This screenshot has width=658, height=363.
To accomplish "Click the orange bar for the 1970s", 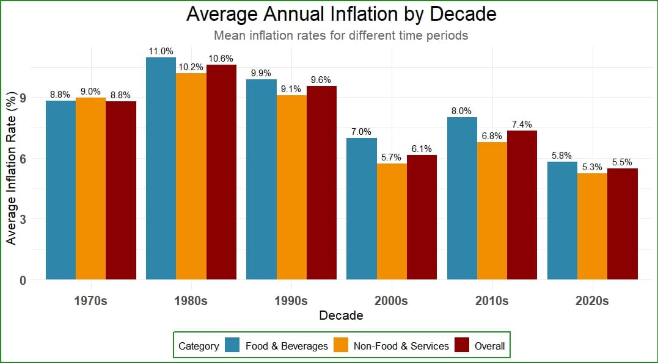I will [x=90, y=189].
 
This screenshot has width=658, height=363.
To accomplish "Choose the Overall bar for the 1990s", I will [x=321, y=183].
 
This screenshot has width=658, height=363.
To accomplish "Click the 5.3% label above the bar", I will [x=592, y=167].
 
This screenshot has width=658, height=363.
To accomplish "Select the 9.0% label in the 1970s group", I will [x=90, y=92].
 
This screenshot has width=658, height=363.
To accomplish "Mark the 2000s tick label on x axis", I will [x=392, y=301].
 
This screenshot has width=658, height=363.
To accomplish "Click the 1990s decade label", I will [x=291, y=301].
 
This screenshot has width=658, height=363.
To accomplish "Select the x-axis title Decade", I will [x=341, y=315].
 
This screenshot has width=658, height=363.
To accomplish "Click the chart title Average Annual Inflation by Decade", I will [x=341, y=14].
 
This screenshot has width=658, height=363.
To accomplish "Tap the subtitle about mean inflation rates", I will [x=341, y=35].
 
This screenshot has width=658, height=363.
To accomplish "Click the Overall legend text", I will [x=490, y=346].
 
